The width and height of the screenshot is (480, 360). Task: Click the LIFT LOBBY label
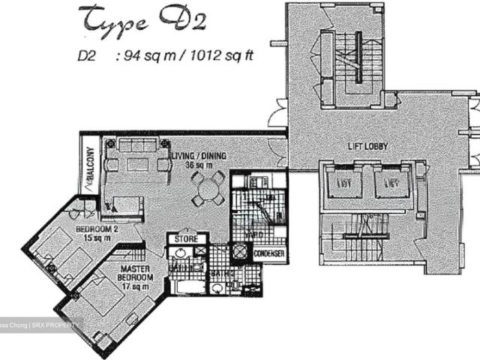[367, 147]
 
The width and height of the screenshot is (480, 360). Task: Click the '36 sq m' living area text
[199, 165]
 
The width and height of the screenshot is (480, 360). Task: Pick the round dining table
[208, 188]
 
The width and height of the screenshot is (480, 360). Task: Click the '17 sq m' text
[136, 285]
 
